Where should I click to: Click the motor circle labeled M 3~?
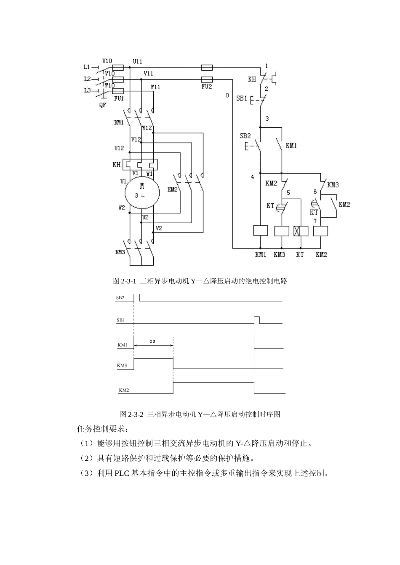142,192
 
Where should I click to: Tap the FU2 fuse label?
207,87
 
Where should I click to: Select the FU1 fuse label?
119,98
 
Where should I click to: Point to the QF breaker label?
103,105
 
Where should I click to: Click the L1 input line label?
87,67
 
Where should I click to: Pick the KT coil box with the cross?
301,231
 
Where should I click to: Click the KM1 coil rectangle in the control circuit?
260,230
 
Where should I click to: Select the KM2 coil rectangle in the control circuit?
321,231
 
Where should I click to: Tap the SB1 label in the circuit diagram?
241,98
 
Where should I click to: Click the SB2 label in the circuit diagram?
245,136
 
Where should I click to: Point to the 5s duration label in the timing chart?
152,341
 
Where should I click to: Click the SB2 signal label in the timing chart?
120,298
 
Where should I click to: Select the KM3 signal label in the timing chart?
122,365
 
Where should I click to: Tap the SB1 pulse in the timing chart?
256,320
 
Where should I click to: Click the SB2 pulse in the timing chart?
137,297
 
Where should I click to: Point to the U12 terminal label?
119,148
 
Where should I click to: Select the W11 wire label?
155,87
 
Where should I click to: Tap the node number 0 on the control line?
227,95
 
